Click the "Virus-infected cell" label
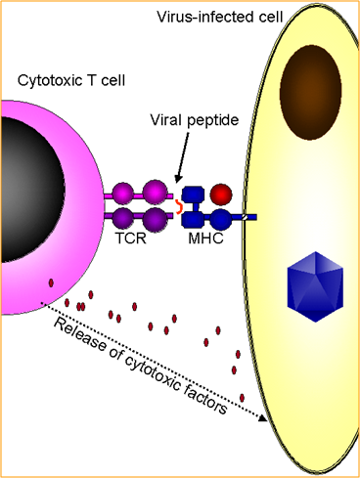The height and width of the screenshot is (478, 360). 219,17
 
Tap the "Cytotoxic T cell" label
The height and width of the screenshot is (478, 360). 71,80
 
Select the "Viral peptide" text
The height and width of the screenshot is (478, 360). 195,120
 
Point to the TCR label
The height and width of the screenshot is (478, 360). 130,239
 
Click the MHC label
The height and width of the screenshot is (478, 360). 205,239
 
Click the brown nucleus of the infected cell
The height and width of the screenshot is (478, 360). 310,93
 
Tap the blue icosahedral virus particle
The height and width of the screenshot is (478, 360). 315,286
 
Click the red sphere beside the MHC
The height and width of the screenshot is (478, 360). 221,195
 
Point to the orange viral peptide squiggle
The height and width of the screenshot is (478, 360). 179,206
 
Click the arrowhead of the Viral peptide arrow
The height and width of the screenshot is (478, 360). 178,178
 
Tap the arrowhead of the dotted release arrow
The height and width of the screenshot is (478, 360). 263,417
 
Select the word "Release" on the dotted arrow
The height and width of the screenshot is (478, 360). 80,334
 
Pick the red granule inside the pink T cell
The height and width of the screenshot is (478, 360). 51,282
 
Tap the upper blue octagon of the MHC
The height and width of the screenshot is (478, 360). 193,195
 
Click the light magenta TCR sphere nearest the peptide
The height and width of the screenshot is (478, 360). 155,193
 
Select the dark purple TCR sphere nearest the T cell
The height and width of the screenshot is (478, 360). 123,218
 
